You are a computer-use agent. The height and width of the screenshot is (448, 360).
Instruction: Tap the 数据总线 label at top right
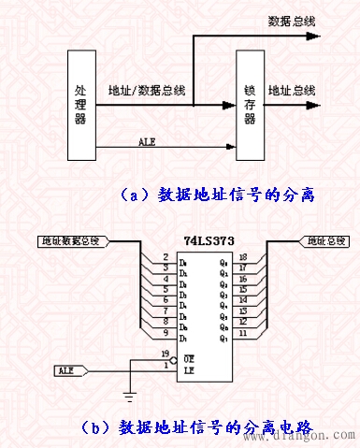point(290,20)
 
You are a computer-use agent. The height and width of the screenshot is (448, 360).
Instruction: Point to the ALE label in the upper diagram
point(147,141)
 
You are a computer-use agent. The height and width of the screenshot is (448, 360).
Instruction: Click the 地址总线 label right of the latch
point(292,91)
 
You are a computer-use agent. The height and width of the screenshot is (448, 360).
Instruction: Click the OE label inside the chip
point(189,358)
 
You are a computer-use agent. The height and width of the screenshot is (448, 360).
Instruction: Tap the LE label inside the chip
point(189,369)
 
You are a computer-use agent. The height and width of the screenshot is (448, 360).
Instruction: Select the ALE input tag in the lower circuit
point(69,371)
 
